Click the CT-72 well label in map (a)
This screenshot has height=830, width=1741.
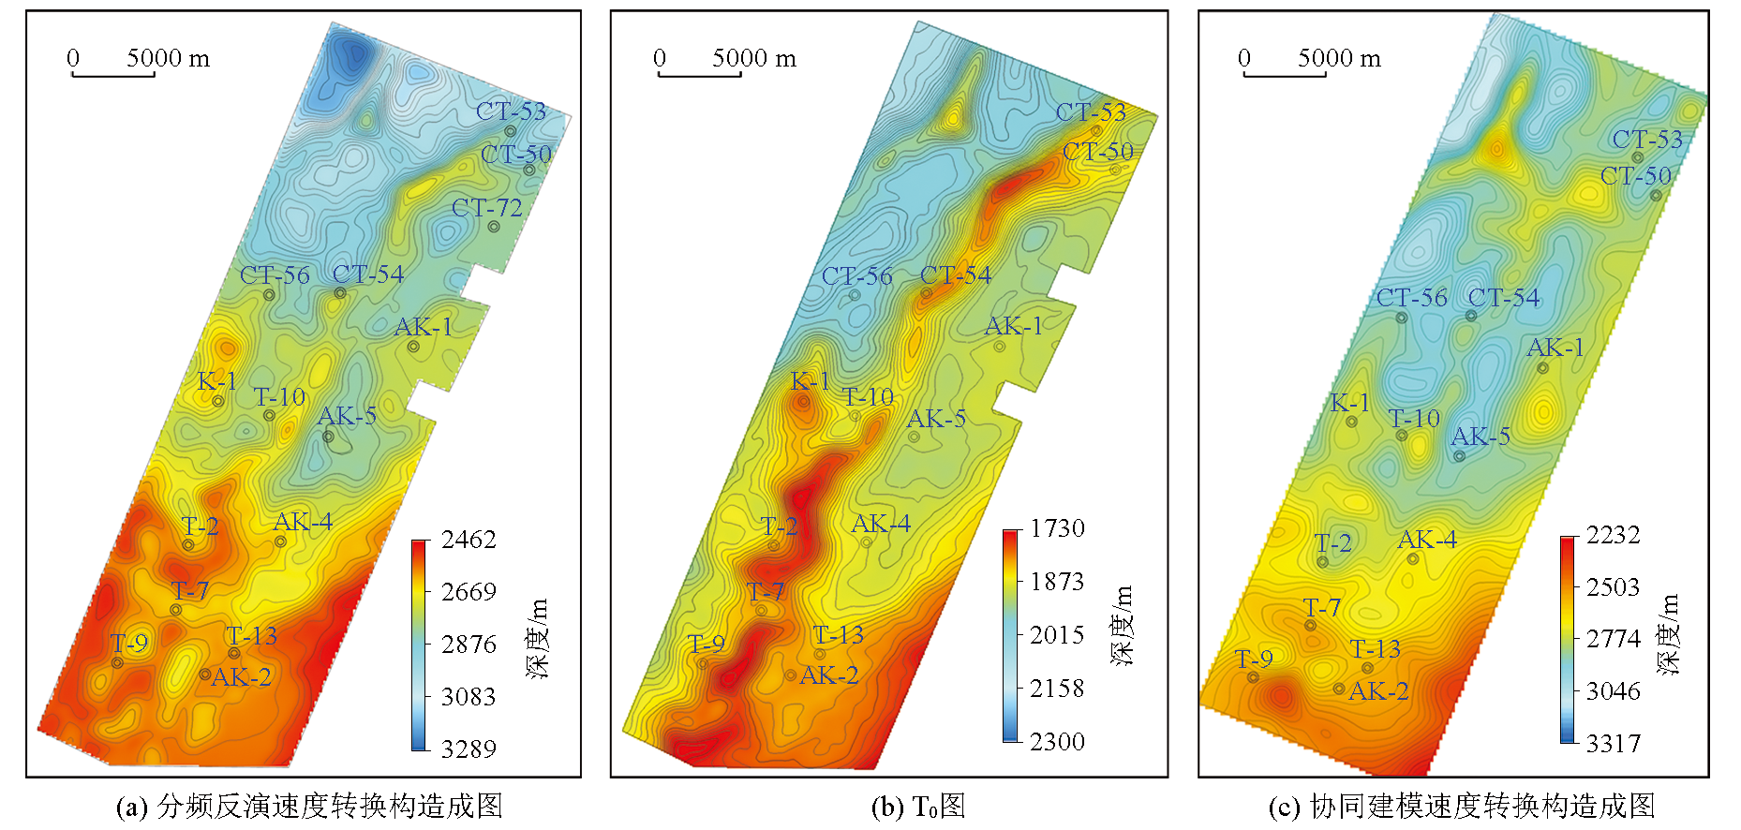[486, 208]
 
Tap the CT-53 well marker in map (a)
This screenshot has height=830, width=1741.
[511, 131]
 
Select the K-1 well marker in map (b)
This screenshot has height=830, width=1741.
[803, 402]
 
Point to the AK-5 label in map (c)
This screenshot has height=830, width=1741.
[1481, 437]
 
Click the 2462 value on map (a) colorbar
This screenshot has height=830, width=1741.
[469, 540]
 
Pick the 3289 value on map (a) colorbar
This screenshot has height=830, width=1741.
[469, 748]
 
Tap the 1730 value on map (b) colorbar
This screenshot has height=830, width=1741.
[1057, 528]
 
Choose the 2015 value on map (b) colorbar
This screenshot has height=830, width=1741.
[1057, 635]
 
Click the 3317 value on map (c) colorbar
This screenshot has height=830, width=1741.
[1613, 744]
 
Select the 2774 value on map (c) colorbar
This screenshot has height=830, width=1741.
[1613, 639]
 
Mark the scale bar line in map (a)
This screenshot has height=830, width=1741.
[113, 75]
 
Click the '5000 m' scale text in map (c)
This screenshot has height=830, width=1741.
[1339, 58]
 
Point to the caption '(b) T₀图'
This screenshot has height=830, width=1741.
[917, 807]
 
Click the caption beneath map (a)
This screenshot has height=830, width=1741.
[309, 807]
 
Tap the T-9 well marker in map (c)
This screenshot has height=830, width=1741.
[1253, 677]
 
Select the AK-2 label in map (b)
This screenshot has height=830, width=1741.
[828, 675]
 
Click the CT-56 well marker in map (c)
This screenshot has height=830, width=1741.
[1402, 318]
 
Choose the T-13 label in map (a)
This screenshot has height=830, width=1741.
[251, 636]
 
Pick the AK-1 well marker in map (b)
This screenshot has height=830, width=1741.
[1000, 347]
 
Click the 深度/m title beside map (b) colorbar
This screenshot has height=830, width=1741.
[1123, 625]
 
